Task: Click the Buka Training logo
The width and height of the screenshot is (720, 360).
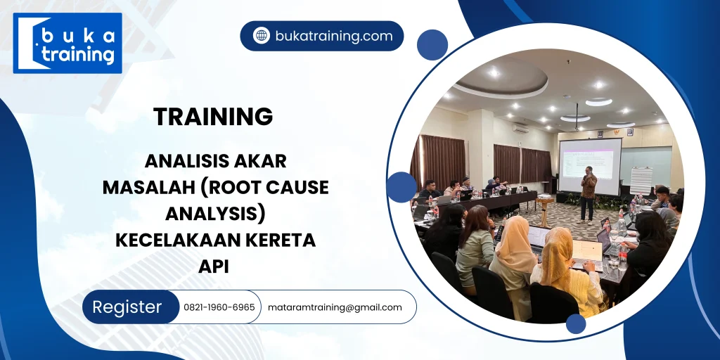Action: (x=67, y=44)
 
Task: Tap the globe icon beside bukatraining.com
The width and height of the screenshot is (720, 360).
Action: (x=262, y=36)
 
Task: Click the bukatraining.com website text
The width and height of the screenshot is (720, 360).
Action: (x=334, y=36)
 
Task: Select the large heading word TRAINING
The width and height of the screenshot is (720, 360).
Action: (x=213, y=117)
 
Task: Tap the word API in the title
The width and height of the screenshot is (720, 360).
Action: (x=214, y=266)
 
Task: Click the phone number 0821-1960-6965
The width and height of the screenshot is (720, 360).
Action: (x=219, y=307)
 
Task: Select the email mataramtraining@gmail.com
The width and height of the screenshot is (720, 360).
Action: (x=335, y=307)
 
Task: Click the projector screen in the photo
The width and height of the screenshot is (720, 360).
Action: (x=589, y=165)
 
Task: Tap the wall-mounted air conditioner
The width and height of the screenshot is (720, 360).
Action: (x=520, y=129)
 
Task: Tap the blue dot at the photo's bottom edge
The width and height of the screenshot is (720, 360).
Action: (x=576, y=324)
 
